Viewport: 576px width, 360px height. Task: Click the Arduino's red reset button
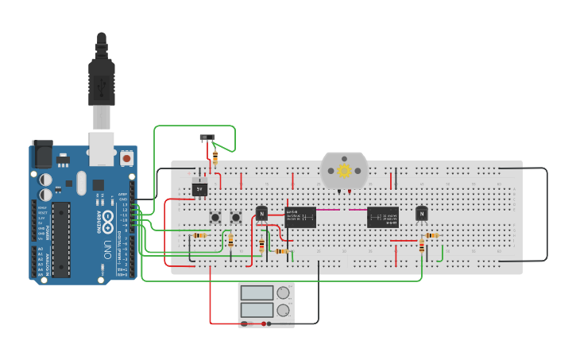[126, 158]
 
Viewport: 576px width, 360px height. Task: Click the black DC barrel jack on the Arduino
[41, 154]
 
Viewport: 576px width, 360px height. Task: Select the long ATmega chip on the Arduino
[61, 239]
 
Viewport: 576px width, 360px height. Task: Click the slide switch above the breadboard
[207, 137]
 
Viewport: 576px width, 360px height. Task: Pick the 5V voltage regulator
[199, 189]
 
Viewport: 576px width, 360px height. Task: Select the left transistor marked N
[261, 213]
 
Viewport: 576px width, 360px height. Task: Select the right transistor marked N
[421, 213]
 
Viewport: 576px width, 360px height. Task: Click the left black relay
[300, 217]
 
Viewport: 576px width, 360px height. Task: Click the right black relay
[382, 217]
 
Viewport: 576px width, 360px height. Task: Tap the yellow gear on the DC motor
[344, 170]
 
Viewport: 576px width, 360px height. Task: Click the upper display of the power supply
[257, 292]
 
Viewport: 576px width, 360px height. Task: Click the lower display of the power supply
[257, 309]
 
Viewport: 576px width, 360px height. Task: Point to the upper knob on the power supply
[283, 292]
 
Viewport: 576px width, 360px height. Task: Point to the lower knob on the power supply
[283, 310]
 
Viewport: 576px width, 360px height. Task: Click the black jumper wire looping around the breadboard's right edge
[547, 215]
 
